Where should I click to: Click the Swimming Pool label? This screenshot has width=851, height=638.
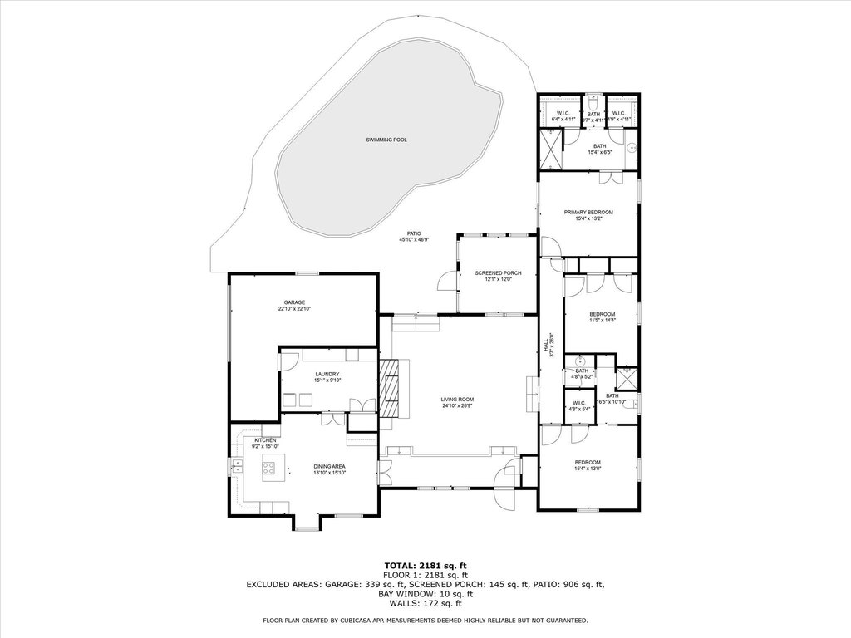(386, 140)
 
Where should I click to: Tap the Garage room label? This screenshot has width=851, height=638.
(293, 302)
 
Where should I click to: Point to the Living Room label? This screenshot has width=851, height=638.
(456, 400)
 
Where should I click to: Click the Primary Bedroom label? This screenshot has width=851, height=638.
(588, 213)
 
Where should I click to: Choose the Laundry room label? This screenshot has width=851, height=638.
(327, 375)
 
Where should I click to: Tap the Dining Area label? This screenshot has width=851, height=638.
(329, 466)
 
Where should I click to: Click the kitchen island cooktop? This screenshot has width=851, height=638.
(271, 467)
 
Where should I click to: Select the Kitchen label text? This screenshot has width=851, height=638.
(265, 439)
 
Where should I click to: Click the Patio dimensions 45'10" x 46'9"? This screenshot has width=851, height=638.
(413, 240)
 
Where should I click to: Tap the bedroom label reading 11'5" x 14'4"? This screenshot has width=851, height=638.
(602, 320)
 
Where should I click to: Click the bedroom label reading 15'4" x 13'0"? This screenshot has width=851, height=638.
(588, 469)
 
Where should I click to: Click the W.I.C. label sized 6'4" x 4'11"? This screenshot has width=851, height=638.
(563, 119)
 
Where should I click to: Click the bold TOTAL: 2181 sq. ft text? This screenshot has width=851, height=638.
(425, 566)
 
